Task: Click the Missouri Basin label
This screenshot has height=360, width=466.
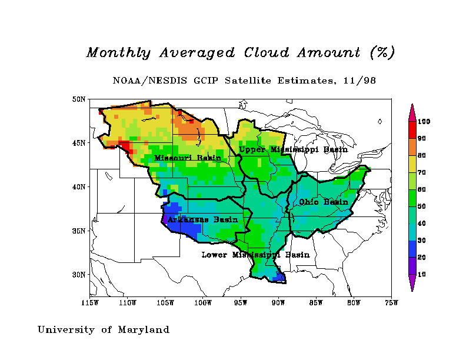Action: coord(188,158)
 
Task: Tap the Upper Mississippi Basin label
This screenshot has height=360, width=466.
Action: coord(293,149)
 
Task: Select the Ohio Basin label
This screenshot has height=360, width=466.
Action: coord(324,202)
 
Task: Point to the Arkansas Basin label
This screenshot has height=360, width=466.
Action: coord(202,219)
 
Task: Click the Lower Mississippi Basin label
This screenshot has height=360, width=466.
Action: coord(255,255)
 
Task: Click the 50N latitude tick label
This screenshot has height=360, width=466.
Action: coord(79,99)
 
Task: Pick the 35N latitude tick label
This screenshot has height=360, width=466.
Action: coord(79,231)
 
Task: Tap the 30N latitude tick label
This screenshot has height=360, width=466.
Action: coord(79,274)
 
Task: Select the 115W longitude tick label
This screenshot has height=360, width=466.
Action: coord(90,303)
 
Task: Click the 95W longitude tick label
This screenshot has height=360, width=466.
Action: coord(241,303)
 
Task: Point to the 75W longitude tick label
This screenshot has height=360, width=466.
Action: coord(391,303)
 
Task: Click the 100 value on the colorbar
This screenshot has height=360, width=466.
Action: coord(424,121)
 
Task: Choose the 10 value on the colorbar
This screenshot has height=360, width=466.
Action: coord(422,275)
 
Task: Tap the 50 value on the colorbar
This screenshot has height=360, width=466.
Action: coord(422,206)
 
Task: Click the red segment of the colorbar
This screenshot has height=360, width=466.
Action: coord(412,129)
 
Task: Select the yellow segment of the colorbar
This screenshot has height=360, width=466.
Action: coord(412,164)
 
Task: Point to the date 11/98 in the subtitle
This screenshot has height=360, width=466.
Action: coord(362,79)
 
